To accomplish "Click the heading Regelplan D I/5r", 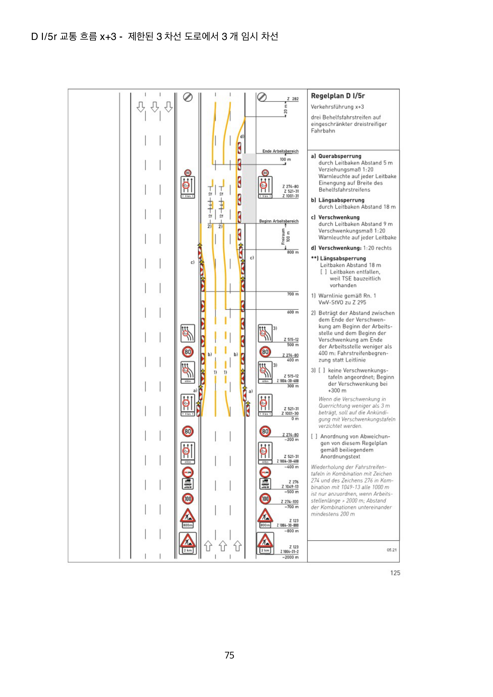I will [x=338, y=96].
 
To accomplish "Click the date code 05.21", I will [x=392, y=550].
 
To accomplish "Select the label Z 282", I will [x=293, y=99].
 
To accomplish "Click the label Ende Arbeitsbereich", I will [x=280, y=151].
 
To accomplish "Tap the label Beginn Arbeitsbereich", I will [x=279, y=221].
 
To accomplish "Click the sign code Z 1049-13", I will [x=290, y=487].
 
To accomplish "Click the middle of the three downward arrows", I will [x=155, y=107].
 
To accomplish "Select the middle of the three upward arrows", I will [x=223, y=546].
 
